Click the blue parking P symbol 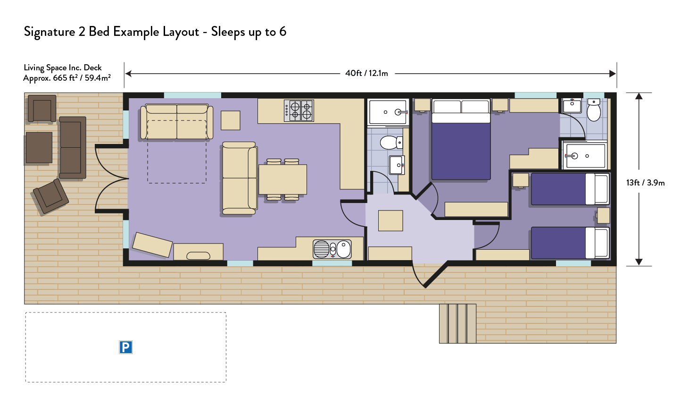click(125, 347)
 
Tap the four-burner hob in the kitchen click(299, 110)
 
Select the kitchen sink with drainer click(332, 249)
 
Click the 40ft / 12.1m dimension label click(366, 73)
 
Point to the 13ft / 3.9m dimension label click(645, 183)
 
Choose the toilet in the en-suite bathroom click(594, 110)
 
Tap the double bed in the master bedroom click(461, 139)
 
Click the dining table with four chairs click(282, 179)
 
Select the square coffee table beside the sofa click(231, 120)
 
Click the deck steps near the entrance click(457, 323)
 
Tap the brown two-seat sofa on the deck click(73, 147)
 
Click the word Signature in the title click(50, 32)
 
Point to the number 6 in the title click(282, 32)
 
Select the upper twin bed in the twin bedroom click(570, 189)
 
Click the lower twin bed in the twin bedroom click(570, 243)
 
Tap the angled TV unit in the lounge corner click(152, 245)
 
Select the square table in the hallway click(390, 220)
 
